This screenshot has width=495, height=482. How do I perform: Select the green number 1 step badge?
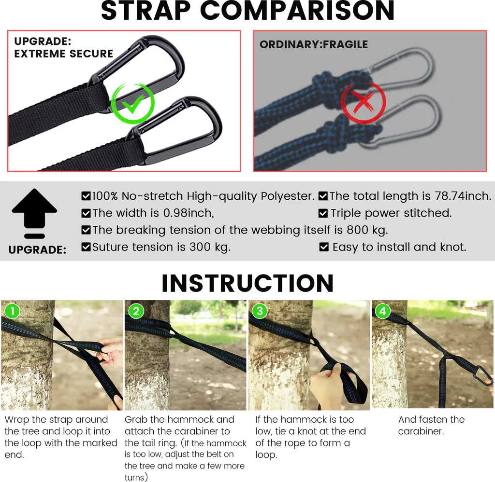coord(12,311)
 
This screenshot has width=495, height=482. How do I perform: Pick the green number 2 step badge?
coord(136,311)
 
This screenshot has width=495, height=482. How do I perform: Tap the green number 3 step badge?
coord(260,311)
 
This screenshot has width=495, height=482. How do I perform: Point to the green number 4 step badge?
coord(383,311)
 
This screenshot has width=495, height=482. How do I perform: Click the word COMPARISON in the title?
coord(297,11)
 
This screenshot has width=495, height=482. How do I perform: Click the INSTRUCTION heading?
coord(247,283)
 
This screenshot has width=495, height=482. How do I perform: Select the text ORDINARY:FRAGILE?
coord(314,44)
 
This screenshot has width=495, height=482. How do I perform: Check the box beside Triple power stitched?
coord(323,213)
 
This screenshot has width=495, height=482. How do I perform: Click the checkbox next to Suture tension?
coord(86,247)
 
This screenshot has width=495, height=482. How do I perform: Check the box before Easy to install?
coord(324,247)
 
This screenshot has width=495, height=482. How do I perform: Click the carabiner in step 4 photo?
coord(481,375)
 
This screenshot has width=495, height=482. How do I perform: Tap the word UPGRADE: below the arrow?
coord(37,250)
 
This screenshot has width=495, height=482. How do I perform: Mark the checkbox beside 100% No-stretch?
coord(86,196)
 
